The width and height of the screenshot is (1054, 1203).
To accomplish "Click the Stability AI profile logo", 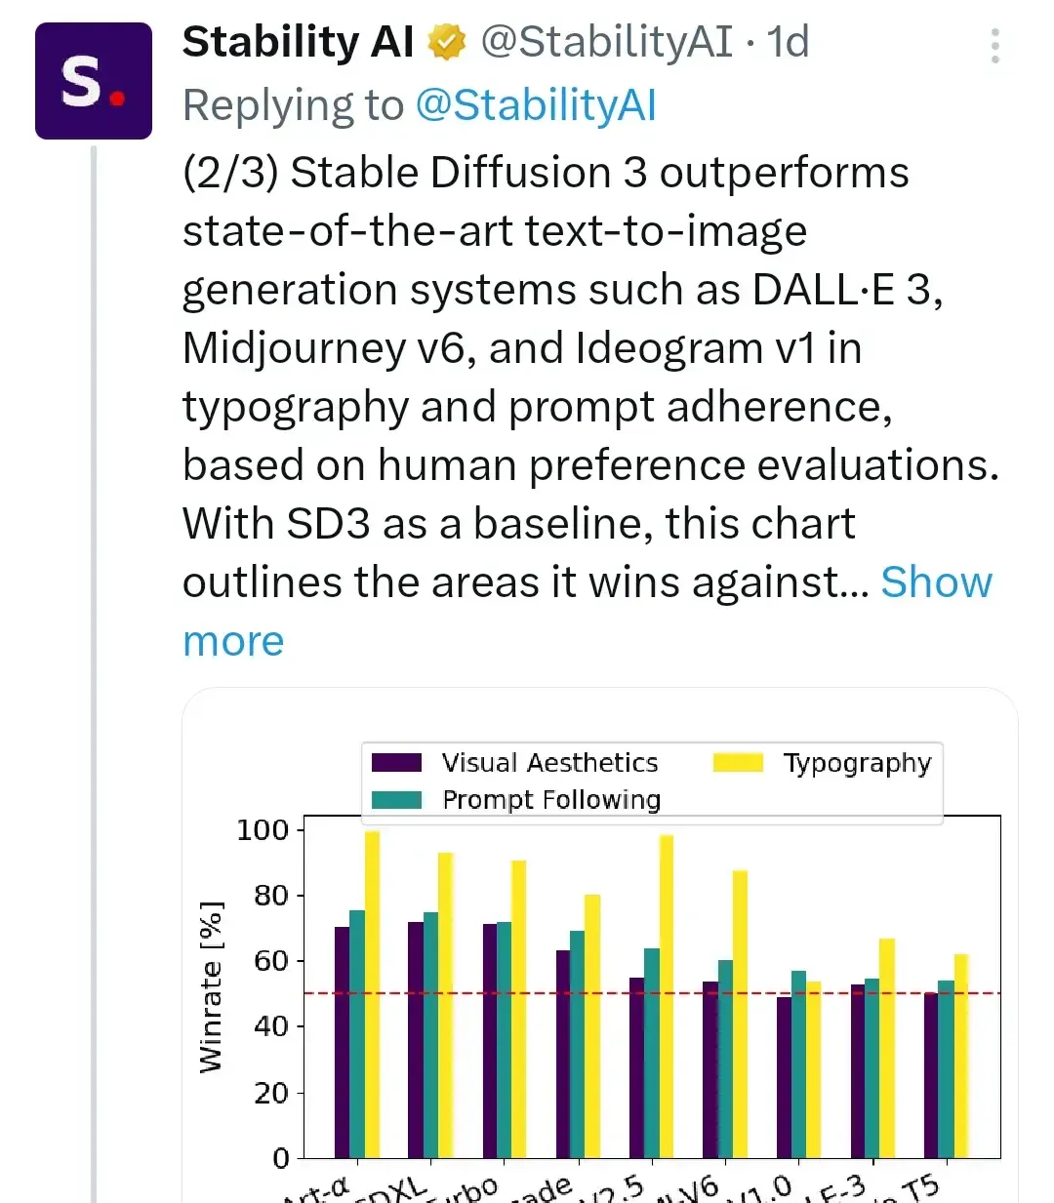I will tap(94, 81).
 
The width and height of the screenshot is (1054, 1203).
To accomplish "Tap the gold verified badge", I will tap(447, 43).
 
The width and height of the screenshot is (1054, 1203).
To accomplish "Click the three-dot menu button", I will tap(994, 46).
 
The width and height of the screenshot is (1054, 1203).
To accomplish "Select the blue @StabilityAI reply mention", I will tap(536, 105).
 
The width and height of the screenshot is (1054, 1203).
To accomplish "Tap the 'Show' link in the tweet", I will tap(936, 582).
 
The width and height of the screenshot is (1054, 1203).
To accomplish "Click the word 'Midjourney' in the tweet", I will tap(293, 348).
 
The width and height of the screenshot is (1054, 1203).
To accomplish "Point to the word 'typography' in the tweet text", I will tap(295, 407).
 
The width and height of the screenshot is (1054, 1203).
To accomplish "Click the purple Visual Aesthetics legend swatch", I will tap(397, 763).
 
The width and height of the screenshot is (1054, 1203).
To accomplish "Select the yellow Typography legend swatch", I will tap(738, 763).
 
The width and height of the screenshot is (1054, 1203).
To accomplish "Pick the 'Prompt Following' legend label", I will tap(551, 800).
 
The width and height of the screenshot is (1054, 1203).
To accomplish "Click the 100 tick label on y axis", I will tap(263, 830).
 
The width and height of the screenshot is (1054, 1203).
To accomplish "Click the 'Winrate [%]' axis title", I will tap(211, 987).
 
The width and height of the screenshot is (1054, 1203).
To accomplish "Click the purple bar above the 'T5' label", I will tap(931, 1074).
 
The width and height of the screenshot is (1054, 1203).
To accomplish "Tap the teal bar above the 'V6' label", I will tap(725, 1059).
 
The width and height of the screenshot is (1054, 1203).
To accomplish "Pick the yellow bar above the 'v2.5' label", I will tap(667, 995).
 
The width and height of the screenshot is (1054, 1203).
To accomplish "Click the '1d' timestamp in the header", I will tap(788, 42).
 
